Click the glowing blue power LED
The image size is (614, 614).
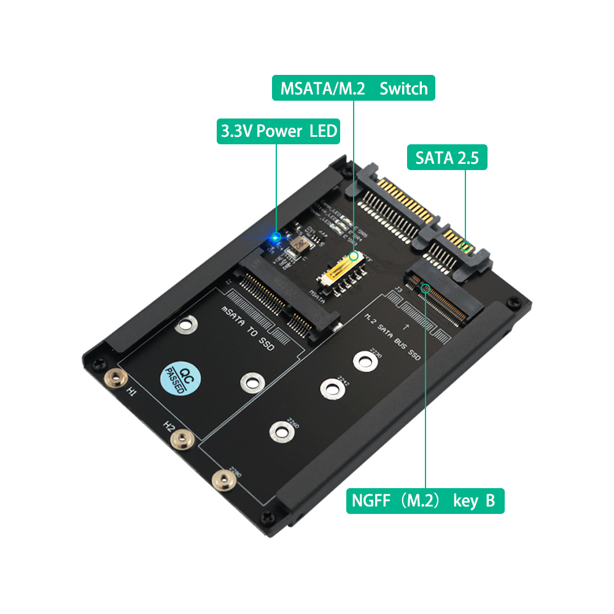[x=276, y=236]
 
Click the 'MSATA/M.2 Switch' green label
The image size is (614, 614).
[x=354, y=88]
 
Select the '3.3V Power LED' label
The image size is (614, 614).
[x=278, y=131]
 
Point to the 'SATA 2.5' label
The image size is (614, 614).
[x=447, y=158]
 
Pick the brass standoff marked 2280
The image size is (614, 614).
[x=222, y=480]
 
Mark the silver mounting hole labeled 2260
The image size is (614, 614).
[x=280, y=430]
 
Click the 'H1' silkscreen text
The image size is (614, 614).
[x=131, y=391]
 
